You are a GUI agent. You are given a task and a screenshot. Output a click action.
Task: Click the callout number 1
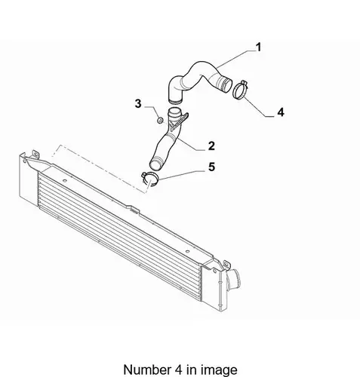coord(259,48)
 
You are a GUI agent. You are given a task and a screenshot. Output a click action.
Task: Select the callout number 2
coord(211,146)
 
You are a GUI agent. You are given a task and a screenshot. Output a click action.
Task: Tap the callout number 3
coord(138,103)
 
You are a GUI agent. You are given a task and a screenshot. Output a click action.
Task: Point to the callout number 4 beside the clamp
coord(281,112)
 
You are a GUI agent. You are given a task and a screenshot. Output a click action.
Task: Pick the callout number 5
coord(211,167)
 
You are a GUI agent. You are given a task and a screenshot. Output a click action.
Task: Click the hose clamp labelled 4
coord(240,90)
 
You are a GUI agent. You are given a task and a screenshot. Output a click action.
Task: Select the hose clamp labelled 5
coord(149,179)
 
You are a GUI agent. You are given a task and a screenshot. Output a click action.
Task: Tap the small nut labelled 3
coord(160,121)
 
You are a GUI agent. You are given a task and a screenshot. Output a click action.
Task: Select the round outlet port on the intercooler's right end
coord(233,280)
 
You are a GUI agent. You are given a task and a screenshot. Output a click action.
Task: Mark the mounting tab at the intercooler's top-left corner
coord(35,154)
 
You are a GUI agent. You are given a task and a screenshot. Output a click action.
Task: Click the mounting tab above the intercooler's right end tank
coord(226,264)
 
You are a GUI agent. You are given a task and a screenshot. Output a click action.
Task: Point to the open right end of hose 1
coord(226,84)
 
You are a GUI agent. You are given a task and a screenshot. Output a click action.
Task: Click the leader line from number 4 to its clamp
coord(258,107)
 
